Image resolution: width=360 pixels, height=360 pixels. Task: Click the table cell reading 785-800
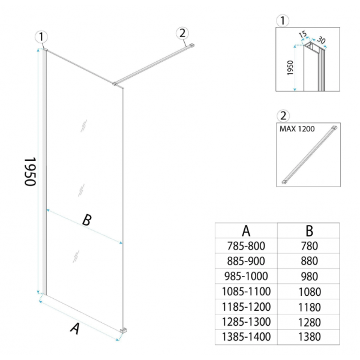click(x=246, y=246)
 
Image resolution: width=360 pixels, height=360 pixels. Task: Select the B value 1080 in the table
click(x=310, y=292)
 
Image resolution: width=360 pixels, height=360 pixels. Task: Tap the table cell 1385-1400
click(x=246, y=337)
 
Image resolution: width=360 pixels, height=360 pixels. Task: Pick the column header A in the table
click(x=246, y=231)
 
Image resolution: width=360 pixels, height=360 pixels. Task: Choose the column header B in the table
click(x=310, y=231)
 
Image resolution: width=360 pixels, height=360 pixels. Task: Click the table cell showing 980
click(x=310, y=277)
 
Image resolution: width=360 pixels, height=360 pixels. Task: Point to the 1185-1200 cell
click(x=246, y=307)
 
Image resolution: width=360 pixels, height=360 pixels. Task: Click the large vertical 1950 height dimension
click(x=30, y=172)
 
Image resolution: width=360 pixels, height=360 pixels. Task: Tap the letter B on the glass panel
click(x=87, y=220)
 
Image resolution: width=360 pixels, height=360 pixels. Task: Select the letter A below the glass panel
click(x=75, y=329)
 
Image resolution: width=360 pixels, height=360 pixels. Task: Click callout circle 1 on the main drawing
click(x=41, y=37)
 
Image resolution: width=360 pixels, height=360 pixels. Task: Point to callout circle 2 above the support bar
click(x=182, y=33)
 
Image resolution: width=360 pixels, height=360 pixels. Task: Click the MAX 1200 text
click(x=297, y=129)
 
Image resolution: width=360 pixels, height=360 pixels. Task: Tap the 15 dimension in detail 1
click(x=302, y=34)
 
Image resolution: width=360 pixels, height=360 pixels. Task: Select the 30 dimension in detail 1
click(x=321, y=40)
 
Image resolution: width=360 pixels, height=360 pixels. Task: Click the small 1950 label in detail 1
click(x=290, y=68)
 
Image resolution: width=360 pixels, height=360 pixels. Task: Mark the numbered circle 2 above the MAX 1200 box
click(x=283, y=116)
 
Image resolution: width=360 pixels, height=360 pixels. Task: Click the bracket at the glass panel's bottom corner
click(x=124, y=331)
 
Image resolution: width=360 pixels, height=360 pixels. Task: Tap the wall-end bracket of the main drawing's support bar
click(x=192, y=45)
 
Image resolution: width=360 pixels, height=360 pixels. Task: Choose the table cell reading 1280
click(x=310, y=322)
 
